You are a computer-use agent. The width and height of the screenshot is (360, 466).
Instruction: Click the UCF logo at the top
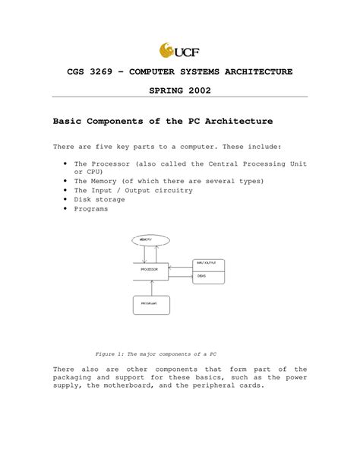[x=179, y=51]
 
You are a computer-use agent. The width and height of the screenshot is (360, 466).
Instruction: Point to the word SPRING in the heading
[x=160, y=90]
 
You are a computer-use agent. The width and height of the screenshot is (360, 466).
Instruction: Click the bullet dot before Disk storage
[x=67, y=199]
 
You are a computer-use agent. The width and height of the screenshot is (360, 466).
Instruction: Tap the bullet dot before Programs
[x=67, y=208]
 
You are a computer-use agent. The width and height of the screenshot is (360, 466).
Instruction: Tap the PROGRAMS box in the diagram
[x=150, y=304]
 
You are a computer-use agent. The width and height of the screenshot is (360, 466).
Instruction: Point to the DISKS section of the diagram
[x=207, y=277]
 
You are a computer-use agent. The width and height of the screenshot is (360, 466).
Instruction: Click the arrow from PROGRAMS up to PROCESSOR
[x=152, y=288]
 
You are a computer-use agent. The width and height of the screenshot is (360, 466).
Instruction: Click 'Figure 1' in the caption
[x=110, y=353]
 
